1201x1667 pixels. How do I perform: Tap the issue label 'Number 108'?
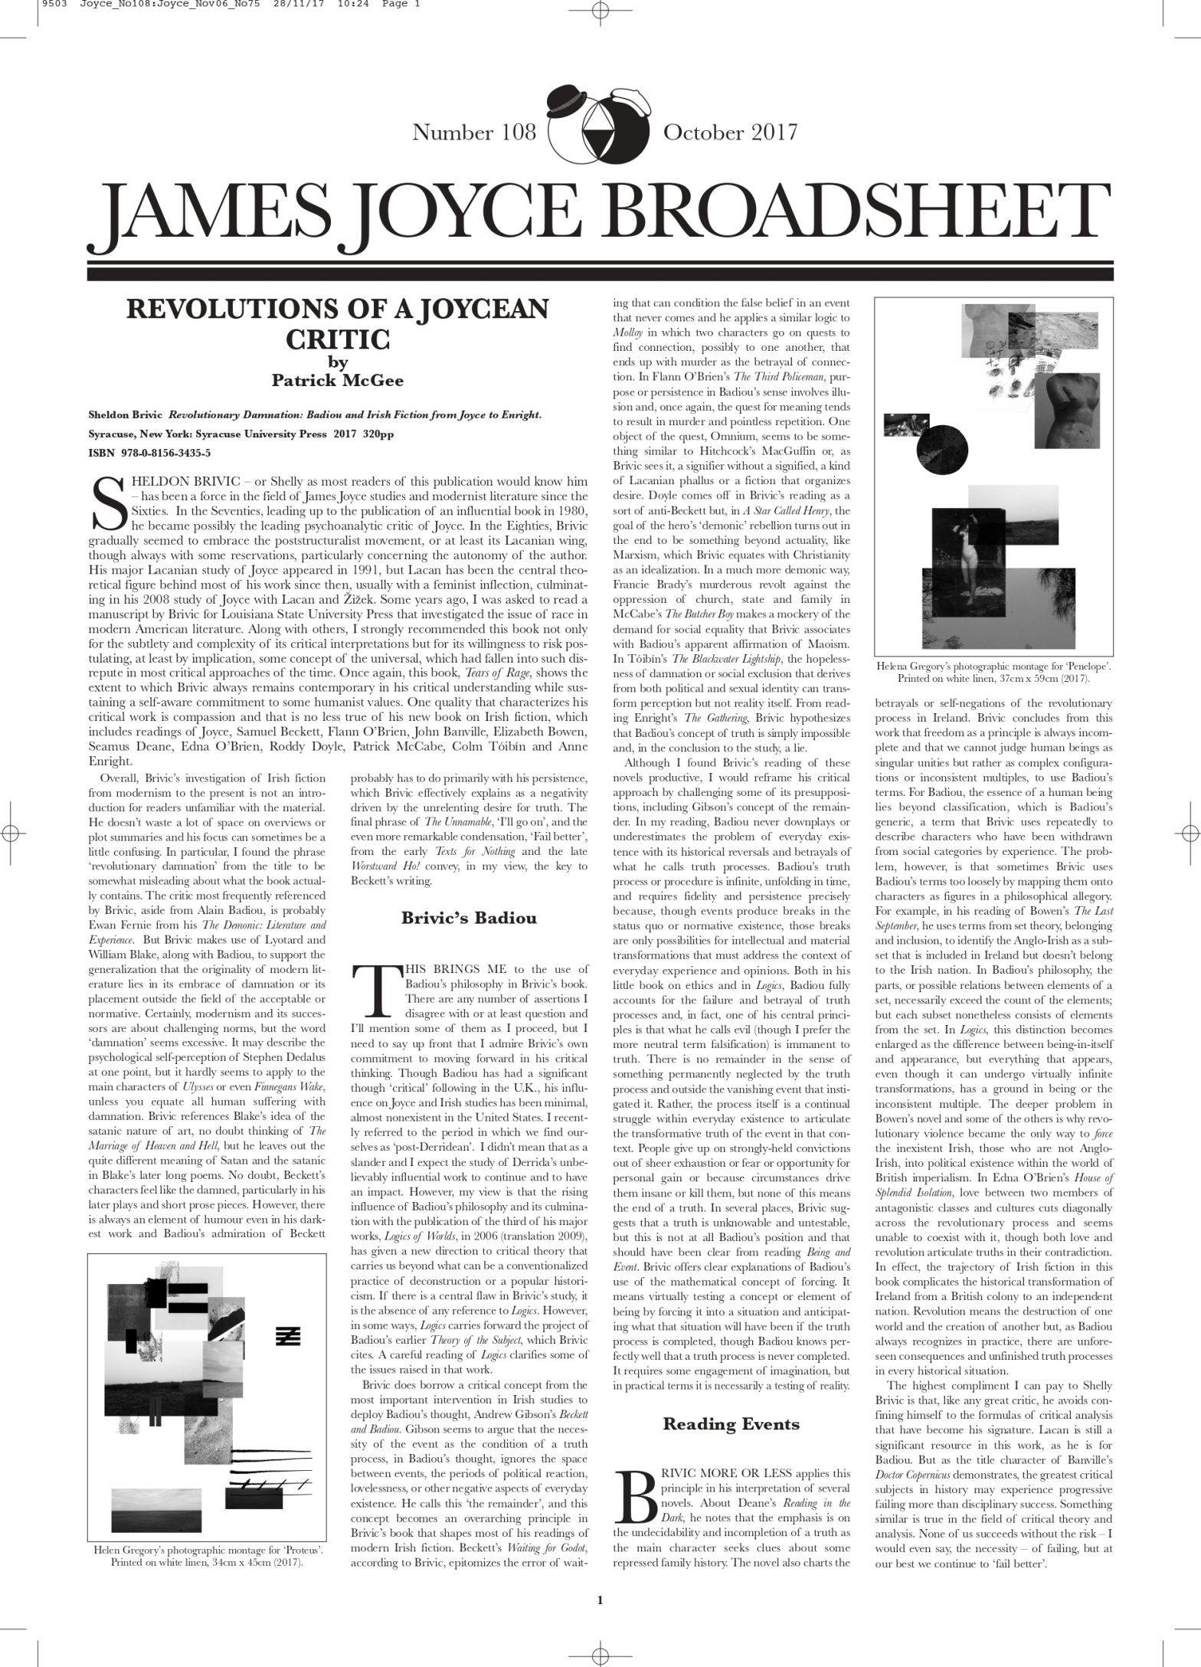[474, 133]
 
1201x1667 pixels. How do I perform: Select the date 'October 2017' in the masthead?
[730, 133]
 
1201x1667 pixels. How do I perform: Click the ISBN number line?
[149, 453]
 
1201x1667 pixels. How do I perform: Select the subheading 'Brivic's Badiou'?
[469, 917]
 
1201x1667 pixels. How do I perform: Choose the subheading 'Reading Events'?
[731, 1423]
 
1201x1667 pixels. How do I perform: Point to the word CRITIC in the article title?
[337, 338]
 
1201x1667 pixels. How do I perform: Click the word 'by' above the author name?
[337, 362]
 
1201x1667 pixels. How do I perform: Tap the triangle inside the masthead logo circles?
[599, 126]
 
